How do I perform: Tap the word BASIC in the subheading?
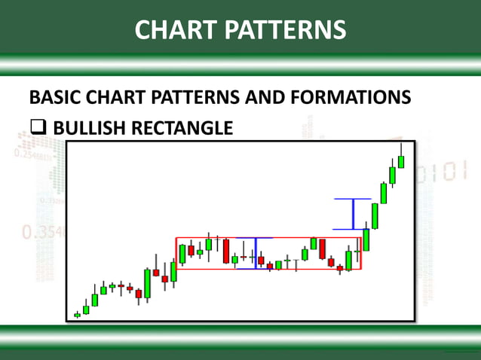point(55,98)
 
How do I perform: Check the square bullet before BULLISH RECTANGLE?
point(38,128)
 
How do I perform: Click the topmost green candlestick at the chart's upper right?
point(401,160)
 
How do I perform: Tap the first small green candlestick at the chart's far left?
point(77,315)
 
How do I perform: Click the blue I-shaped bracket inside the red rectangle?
point(256,253)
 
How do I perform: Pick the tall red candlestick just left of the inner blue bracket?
point(225,251)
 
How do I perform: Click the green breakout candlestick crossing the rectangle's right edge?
point(366,239)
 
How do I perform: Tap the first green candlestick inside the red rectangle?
point(182,253)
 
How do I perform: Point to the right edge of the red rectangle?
point(361,254)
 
